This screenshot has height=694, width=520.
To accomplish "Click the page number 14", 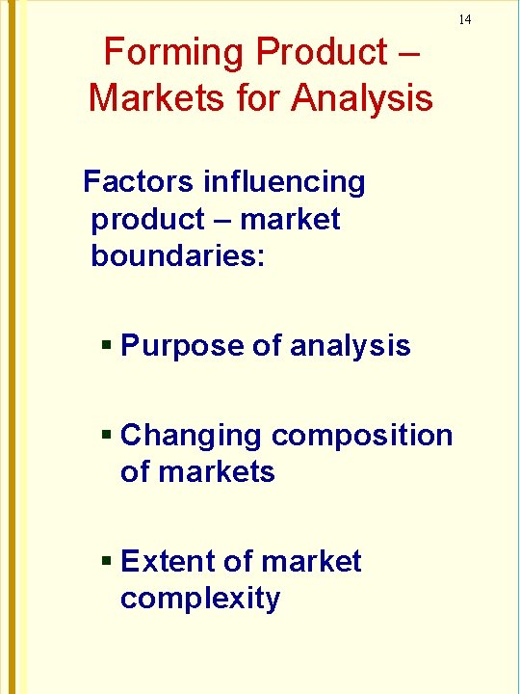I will (464, 19).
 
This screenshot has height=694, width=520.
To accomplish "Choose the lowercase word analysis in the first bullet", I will (351, 345).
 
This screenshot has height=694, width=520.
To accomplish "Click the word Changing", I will (192, 435).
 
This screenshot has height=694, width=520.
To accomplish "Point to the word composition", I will (363, 436).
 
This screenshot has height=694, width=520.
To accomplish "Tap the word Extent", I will (164, 561).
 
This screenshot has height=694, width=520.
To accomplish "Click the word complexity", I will (200, 599).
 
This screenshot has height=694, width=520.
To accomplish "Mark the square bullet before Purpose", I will (108, 345).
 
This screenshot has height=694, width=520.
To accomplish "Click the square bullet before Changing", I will (108, 435).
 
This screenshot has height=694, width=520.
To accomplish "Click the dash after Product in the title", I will (406, 53).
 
